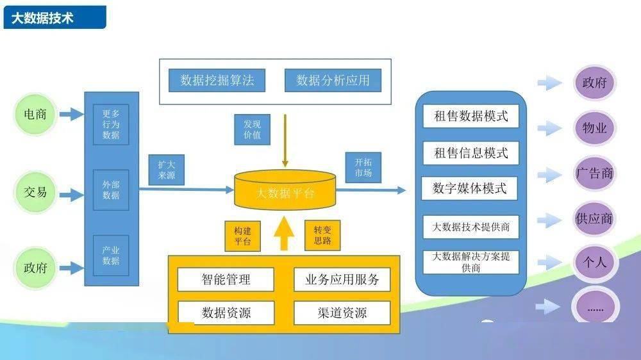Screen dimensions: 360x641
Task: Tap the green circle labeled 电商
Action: tap(35, 114)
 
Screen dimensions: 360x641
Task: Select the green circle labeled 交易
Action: tap(35, 191)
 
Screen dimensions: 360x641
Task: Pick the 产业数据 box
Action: tap(111, 255)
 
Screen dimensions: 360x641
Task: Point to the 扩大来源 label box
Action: tap(167, 170)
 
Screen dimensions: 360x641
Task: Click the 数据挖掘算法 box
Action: tap(217, 80)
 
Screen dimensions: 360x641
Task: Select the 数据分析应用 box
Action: tap(333, 80)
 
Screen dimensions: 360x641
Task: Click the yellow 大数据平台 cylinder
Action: tap(285, 190)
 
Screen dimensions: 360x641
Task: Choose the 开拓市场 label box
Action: tap(363, 168)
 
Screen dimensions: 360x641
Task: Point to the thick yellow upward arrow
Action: tap(285, 233)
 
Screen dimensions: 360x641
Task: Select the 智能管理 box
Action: tap(226, 279)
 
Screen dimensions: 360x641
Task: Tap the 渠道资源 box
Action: tap(342, 313)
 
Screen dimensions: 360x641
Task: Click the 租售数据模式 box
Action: tap(470, 117)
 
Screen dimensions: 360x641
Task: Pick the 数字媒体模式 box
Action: tap(470, 188)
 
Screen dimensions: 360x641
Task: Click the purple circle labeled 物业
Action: tap(594, 128)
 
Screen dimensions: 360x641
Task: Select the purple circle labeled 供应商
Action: tap(594, 218)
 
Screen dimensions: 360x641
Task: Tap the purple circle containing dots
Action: tap(595, 308)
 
